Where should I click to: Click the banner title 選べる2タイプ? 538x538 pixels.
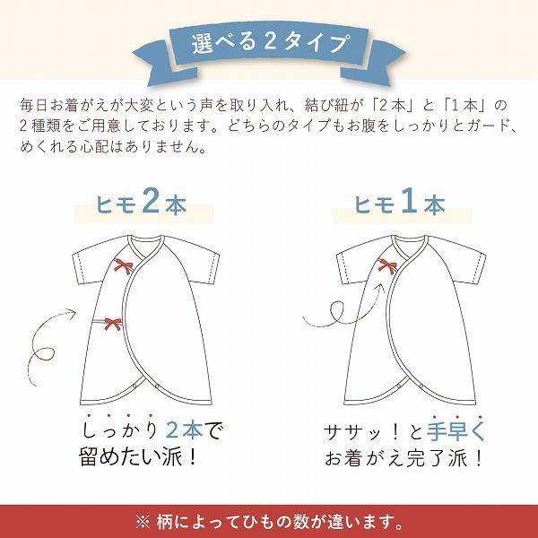tap(269, 43)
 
